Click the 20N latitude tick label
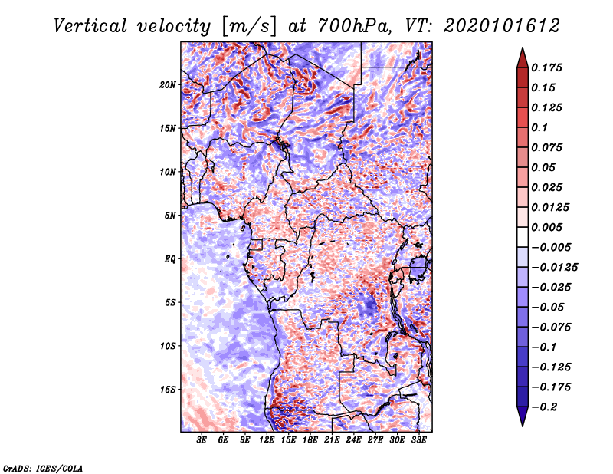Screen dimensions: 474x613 [x=168, y=84]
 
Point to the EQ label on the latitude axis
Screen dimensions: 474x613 [x=170, y=259]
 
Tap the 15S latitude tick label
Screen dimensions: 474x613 [x=168, y=390]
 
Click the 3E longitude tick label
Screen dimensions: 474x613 [x=202, y=441]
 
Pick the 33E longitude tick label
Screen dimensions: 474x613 [x=418, y=441]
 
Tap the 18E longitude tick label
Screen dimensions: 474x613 [x=310, y=441]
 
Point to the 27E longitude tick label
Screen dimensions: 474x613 [x=375, y=441]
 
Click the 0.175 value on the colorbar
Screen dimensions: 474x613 [x=548, y=67]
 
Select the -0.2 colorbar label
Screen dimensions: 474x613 [x=548, y=407]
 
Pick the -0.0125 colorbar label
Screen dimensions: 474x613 [x=556, y=267]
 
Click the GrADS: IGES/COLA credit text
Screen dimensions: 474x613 [x=42, y=466]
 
